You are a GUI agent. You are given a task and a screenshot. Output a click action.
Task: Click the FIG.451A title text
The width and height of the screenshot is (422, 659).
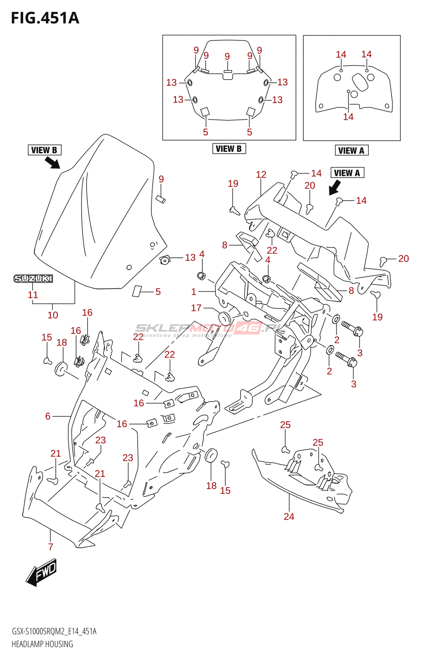pyautogui.click(x=45, y=19)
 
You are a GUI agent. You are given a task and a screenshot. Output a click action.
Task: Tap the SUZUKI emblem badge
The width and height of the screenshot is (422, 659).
pyautogui.click(x=33, y=279)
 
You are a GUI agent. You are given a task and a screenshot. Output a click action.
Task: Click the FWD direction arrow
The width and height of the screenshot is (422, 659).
pyautogui.click(x=41, y=572)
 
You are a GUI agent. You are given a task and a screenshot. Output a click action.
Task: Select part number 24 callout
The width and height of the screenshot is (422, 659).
pyautogui.click(x=289, y=516)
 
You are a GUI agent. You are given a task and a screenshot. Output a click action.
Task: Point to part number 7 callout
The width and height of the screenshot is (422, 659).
pyautogui.click(x=51, y=547)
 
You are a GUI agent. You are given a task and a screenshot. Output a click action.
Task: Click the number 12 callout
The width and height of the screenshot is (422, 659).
pyautogui.click(x=261, y=175)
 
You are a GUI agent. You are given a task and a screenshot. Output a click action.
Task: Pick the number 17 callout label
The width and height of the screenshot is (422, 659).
pyautogui.click(x=196, y=308)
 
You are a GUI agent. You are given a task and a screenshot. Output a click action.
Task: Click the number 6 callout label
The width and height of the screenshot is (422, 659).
pyautogui.click(x=48, y=416)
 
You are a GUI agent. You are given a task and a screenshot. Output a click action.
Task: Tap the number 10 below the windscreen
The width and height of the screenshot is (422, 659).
pyautogui.click(x=53, y=315)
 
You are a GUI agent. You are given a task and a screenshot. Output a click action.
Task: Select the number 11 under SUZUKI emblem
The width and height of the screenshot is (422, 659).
pyautogui.click(x=33, y=295)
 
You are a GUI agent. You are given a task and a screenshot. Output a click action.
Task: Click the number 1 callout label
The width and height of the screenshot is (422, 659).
pyautogui.click(x=194, y=292)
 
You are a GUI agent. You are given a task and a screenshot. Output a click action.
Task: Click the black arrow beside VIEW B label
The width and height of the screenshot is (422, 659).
pyautogui.click(x=52, y=163)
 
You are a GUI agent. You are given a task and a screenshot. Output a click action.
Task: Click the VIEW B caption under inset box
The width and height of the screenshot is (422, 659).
pyautogui.click(x=229, y=149)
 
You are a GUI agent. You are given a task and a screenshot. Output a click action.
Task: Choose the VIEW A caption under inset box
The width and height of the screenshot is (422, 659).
pyautogui.click(x=352, y=150)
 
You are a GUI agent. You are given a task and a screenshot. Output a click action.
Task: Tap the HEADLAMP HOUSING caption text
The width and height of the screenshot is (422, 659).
pyautogui.click(x=42, y=644)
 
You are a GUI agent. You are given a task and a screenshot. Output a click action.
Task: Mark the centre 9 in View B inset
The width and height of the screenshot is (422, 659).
pyautogui.click(x=227, y=56)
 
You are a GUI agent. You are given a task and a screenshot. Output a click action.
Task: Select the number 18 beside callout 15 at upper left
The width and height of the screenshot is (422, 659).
pyautogui.click(x=62, y=342)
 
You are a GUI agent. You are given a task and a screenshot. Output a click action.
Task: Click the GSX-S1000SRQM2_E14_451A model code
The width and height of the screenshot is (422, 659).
pyautogui.click(x=54, y=631)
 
